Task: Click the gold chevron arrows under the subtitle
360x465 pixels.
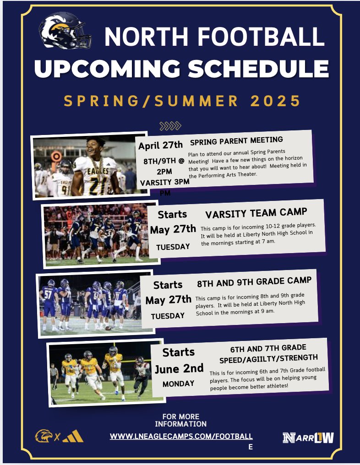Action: point(170,126)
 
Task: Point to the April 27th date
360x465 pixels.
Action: point(160,146)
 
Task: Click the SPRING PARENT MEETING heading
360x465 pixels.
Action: point(236,140)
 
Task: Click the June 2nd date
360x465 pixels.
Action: point(179,368)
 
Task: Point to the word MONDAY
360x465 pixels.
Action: point(179,384)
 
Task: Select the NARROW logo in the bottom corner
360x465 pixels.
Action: point(308,438)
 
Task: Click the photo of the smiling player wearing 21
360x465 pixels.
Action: point(90,166)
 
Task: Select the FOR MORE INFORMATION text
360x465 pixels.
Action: point(180,420)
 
